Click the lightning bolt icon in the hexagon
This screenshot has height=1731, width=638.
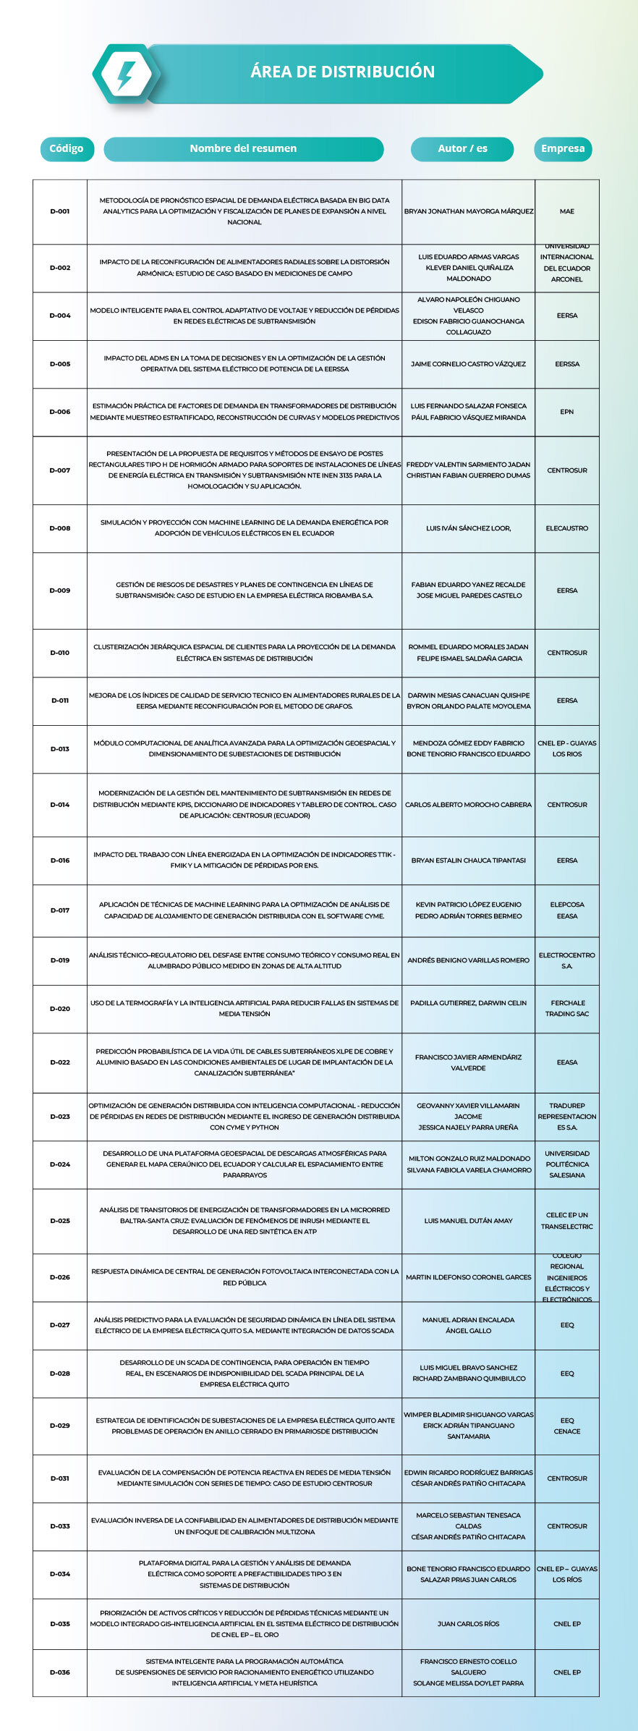[126, 75]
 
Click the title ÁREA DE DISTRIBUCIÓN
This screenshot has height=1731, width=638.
[342, 72]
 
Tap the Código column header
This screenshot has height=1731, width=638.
[66, 148]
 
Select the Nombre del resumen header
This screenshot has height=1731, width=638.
[243, 148]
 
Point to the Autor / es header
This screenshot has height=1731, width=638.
[462, 148]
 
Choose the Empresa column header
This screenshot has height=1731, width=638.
[563, 148]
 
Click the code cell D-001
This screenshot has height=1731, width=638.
[60, 211]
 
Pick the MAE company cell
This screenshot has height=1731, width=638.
[566, 211]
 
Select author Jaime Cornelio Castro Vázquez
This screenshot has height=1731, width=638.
[468, 364]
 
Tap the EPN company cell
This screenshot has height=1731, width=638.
[566, 412]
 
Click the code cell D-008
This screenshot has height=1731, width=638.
[60, 528]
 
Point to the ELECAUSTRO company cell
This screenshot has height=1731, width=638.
[566, 528]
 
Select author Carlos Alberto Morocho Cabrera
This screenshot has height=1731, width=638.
[468, 805]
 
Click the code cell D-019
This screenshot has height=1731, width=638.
[60, 960]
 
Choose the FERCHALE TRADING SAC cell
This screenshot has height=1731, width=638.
[566, 1008]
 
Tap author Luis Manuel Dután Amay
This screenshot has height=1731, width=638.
[468, 1221]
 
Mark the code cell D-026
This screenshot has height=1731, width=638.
[60, 1277]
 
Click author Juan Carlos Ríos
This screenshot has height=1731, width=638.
[468, 1624]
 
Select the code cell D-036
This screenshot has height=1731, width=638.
[60, 1672]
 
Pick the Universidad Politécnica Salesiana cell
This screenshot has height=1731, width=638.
[566, 1164]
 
